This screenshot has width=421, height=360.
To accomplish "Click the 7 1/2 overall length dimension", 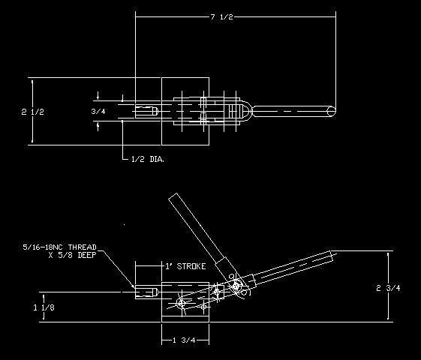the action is click(x=222, y=17).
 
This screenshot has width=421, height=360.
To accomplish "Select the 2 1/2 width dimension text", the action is click(x=32, y=112).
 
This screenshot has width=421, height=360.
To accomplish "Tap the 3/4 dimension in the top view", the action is click(x=98, y=111).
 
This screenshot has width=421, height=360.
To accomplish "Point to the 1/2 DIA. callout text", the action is click(x=148, y=159).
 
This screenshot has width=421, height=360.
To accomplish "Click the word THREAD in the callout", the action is click(x=82, y=247).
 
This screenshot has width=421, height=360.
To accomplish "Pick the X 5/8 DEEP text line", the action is click(x=72, y=255).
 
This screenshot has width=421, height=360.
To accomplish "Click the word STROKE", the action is click(x=191, y=266).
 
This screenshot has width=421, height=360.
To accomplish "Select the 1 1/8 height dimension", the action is click(x=44, y=307).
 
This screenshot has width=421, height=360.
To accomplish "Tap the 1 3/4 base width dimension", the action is click(x=184, y=340).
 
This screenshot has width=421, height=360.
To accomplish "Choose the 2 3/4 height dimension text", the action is click(x=388, y=288).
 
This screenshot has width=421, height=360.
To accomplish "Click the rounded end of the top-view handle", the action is click(x=332, y=111).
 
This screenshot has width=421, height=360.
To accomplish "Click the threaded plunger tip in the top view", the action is click(x=146, y=111).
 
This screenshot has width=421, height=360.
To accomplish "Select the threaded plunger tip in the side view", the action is click(x=146, y=292).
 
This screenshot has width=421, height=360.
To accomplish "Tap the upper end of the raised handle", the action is click(x=173, y=196).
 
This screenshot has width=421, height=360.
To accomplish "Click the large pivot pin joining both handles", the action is click(x=236, y=286).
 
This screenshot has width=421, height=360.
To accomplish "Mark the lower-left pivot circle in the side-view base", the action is click(x=182, y=304).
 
